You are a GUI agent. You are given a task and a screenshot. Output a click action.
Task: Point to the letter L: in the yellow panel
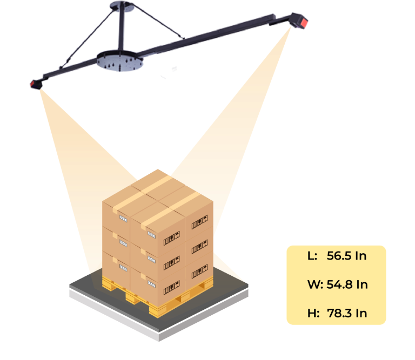coord(312,256)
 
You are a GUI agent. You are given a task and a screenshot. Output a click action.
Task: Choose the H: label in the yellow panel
coord(313,313)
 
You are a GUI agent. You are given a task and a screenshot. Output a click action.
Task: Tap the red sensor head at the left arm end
coord(37,84)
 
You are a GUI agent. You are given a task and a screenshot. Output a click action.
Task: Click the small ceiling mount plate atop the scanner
coord(121,6)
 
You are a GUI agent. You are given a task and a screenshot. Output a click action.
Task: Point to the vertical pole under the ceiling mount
coord(122,30)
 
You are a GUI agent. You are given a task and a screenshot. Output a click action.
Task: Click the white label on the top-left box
coord(123,218)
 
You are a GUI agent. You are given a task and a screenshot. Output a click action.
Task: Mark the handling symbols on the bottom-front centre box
coord(172,288)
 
